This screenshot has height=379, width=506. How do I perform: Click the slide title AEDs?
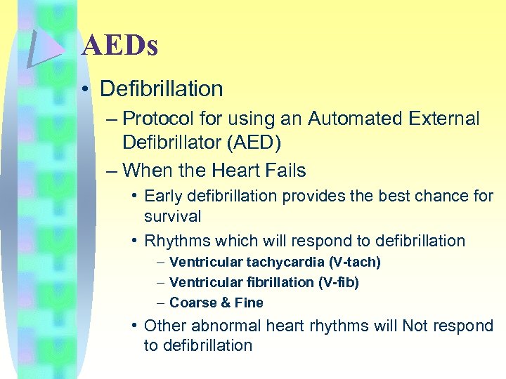pos(119,46)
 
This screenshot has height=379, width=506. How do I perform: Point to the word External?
pos(444,119)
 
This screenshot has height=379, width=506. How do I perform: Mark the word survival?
pos(173,216)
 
